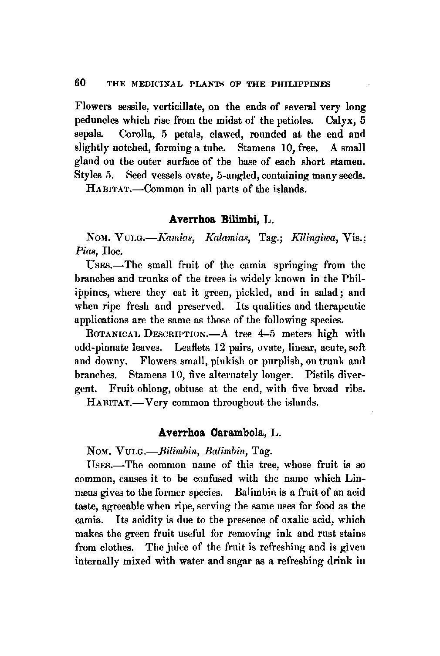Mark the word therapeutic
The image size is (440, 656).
338,306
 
